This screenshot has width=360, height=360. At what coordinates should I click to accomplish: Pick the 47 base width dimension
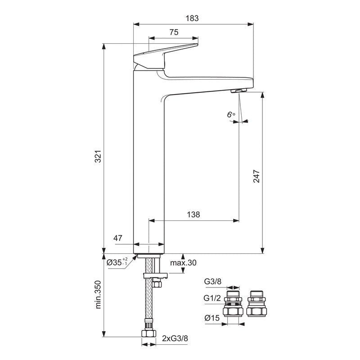click(118, 238)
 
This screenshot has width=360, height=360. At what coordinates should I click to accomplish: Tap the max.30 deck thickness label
click(184, 263)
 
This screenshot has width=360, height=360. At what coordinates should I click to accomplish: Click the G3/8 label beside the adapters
click(213, 282)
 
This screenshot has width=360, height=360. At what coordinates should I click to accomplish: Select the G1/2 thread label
click(213, 298)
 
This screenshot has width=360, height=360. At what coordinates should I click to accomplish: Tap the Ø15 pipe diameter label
click(212, 318)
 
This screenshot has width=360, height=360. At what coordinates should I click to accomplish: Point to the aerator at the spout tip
click(238, 91)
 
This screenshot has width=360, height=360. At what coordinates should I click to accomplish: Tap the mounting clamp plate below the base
click(154, 275)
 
